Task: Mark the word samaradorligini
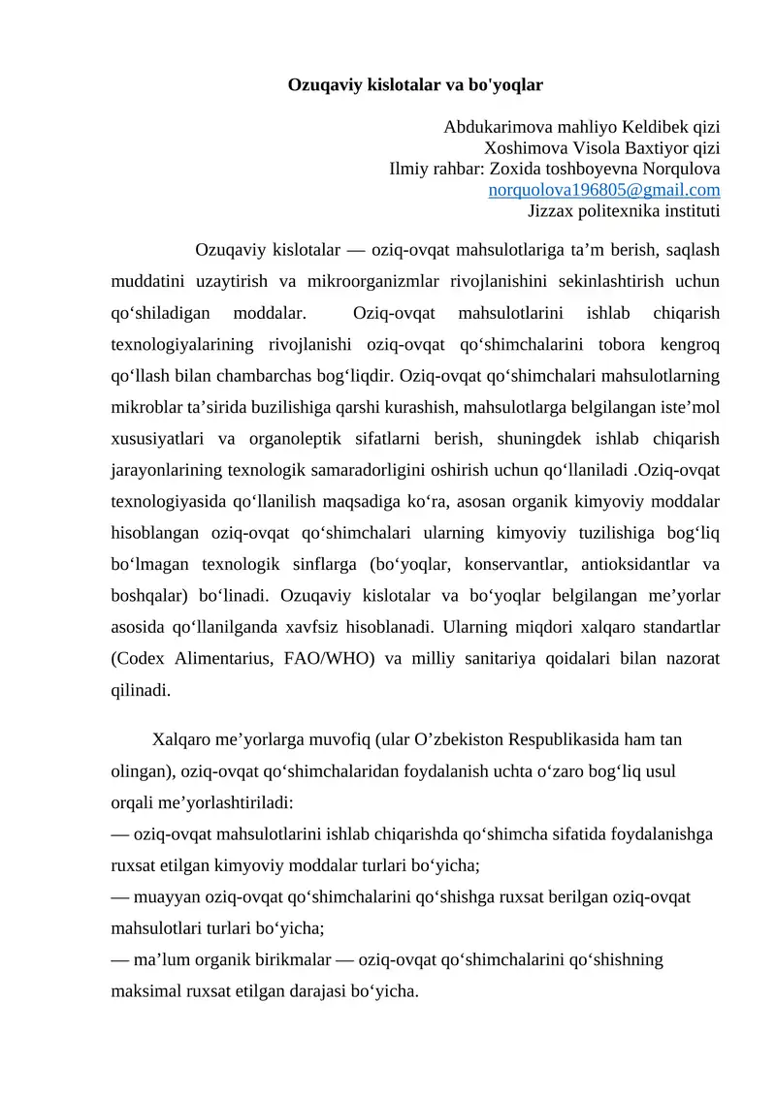[380, 469]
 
